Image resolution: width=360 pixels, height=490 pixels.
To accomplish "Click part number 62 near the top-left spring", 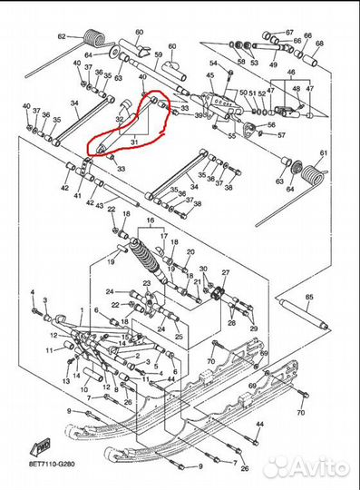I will coord(62,36).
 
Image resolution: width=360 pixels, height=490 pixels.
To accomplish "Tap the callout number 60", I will coord(140,32).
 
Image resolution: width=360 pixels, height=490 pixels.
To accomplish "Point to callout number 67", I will coord(289,33).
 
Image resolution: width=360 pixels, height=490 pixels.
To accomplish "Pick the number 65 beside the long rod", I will coord(307,297).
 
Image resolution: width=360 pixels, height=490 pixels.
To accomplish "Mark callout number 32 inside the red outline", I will coord(121,118).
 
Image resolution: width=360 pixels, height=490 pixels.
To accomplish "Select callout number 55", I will coord(232,135).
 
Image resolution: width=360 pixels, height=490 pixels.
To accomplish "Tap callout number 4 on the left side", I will coord(32,293).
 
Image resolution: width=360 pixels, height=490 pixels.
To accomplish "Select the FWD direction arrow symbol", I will coord(43,444).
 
